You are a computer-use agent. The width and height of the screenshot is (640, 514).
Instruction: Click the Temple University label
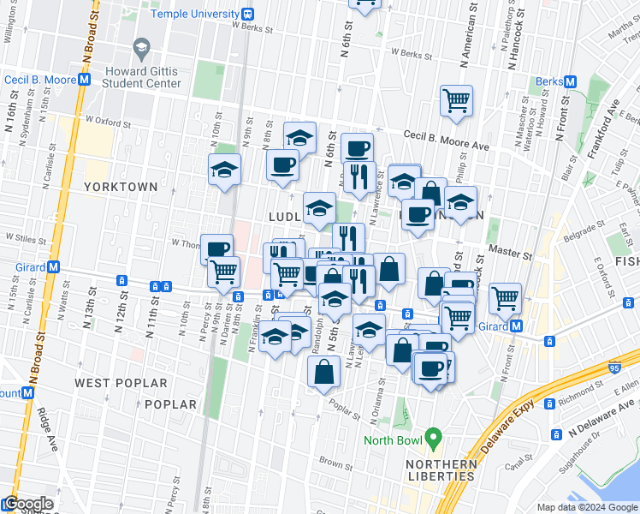(195, 14)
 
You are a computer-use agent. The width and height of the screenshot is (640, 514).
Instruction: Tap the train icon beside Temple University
(247, 14)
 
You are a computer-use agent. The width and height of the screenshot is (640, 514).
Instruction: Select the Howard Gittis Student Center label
(142, 76)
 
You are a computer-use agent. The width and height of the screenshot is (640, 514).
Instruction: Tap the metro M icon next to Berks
(570, 82)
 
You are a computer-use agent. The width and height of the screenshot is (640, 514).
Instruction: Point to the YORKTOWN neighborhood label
(121, 186)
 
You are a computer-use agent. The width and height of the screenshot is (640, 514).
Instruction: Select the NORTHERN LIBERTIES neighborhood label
(441, 471)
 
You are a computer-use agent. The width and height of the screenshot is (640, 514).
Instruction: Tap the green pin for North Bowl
(433, 439)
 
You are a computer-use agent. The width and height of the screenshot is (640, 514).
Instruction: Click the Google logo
(27, 504)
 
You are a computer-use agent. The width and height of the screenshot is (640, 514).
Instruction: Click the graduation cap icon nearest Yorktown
(224, 171)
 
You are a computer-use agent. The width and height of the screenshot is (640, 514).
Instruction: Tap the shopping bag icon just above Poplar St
(323, 372)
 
